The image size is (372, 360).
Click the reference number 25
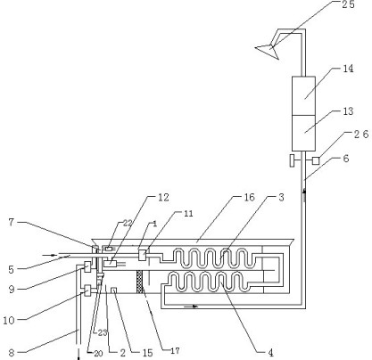tap(348, 4)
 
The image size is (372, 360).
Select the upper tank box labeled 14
tap(303, 95)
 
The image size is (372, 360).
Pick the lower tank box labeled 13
tap(303, 133)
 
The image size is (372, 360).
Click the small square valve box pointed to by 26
tap(316, 160)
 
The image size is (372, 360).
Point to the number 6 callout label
tap(346, 159)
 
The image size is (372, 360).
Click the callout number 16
tap(249, 197)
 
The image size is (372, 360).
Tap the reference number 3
tap(281, 197)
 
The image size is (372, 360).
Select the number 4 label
tap(270, 353)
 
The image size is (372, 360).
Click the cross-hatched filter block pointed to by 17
tap(139, 282)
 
